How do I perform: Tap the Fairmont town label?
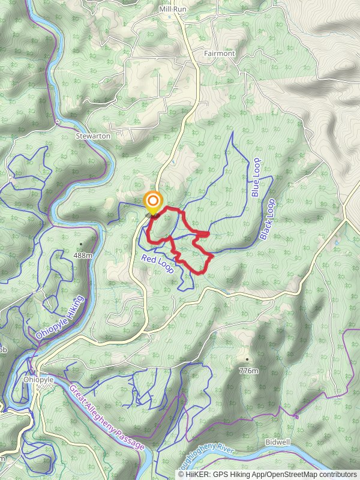pyautogui.click(x=219, y=53)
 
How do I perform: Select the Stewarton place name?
pyautogui.click(x=93, y=136)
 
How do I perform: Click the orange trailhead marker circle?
pyautogui.click(x=154, y=200)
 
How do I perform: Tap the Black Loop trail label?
pyautogui.click(x=267, y=220)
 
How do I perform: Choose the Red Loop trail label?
pyautogui.click(x=158, y=264)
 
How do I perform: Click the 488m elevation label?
pyautogui.click(x=83, y=255)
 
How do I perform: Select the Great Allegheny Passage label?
pyautogui.click(x=107, y=418)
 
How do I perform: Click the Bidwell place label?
pyautogui.click(x=277, y=442)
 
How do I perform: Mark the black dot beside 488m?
pyautogui.click(x=82, y=244)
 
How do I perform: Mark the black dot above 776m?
pyautogui.click(x=246, y=360)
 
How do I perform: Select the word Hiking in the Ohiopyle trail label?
pyautogui.click(x=74, y=306)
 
